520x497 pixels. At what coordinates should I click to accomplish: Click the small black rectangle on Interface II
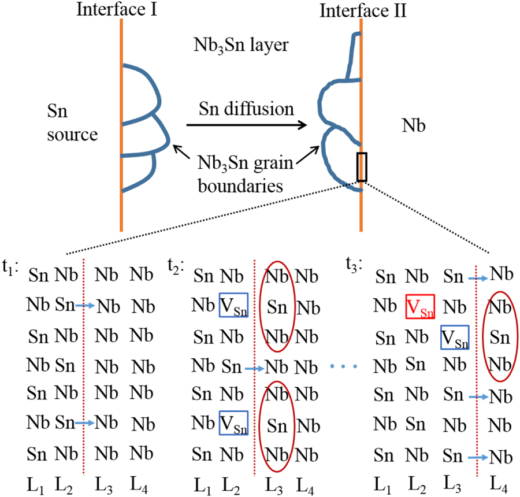(x=362, y=167)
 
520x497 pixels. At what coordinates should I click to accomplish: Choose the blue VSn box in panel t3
(x=454, y=337)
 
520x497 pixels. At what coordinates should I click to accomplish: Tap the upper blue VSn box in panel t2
(x=233, y=305)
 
